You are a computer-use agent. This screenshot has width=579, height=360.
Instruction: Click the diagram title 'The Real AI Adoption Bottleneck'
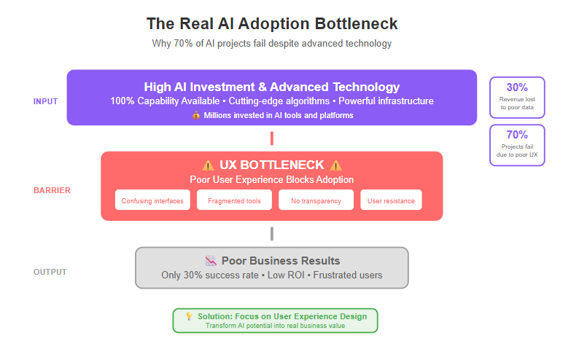[x=272, y=23]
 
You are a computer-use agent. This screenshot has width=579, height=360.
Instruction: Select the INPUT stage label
[x=45, y=101]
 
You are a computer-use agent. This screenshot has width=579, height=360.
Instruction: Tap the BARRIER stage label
[x=52, y=190]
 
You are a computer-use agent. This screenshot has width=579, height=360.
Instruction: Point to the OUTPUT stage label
[x=50, y=272]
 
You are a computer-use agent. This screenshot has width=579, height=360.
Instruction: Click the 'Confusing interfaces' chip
[x=152, y=200]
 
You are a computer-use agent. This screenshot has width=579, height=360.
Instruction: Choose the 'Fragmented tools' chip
[x=235, y=200]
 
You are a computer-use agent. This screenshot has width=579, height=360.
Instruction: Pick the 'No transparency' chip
[x=316, y=200]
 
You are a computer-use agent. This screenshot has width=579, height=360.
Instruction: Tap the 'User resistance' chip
[x=391, y=200]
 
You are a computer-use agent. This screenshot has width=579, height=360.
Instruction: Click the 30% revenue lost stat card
[x=517, y=98]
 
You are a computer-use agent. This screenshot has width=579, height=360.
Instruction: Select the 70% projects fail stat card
[x=517, y=145]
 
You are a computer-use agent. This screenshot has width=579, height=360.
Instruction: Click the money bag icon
[x=196, y=115]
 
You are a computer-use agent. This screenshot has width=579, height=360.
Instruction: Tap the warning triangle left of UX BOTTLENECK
[x=208, y=165]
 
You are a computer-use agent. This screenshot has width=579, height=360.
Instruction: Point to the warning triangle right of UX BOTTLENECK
[x=335, y=165]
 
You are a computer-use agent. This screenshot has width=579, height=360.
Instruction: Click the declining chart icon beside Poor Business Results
[x=211, y=261]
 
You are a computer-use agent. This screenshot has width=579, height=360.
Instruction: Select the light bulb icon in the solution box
[x=189, y=316]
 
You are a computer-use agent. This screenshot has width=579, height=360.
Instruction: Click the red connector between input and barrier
[x=272, y=138]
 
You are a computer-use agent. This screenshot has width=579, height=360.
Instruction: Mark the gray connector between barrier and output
[x=272, y=234]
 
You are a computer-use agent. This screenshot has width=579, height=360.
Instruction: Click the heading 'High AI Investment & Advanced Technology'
[x=272, y=87]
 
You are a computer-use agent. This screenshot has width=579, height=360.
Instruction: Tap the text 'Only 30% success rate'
[x=210, y=275]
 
